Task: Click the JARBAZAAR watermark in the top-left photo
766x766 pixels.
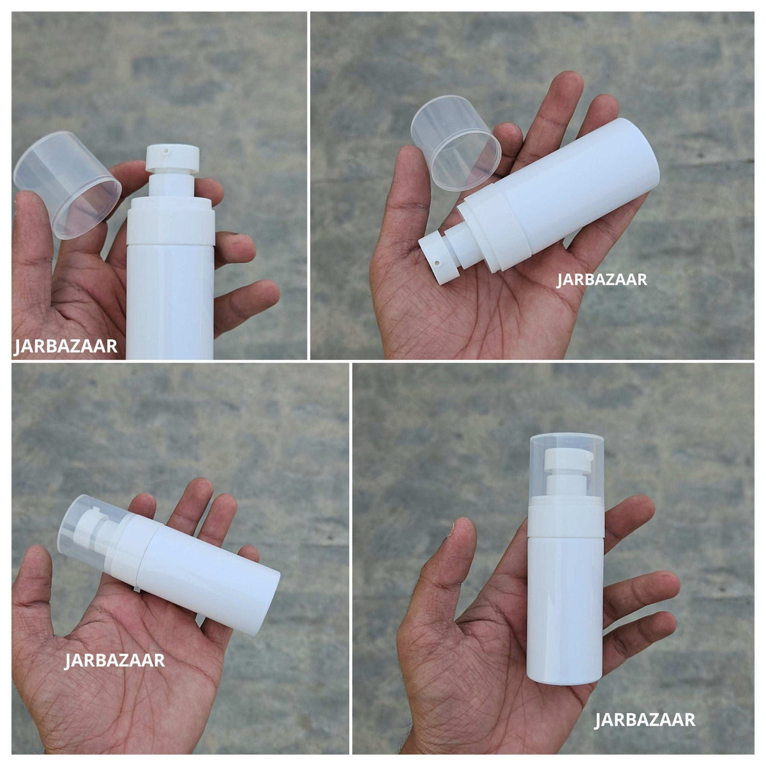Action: pos(66,346)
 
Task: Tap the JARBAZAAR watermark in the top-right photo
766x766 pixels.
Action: pos(601,280)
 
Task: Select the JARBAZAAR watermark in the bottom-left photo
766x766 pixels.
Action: pos(114,660)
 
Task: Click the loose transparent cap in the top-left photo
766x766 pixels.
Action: pos(67,185)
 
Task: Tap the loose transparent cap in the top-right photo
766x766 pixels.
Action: pos(456,143)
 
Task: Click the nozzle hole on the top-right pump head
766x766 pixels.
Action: pos(437,263)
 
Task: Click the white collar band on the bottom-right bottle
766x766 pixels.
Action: pos(566,522)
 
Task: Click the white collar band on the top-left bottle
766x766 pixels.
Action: pos(171,226)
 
